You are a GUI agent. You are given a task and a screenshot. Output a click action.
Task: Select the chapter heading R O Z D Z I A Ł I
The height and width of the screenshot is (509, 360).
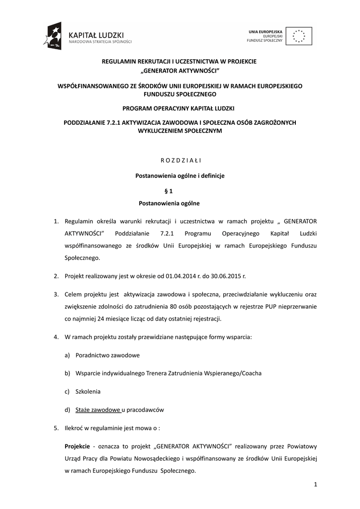tap(180, 160)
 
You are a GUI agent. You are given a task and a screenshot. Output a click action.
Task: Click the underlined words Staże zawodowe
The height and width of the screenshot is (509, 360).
tap(98, 410)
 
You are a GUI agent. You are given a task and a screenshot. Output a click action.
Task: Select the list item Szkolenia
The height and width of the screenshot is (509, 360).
tap(88, 391)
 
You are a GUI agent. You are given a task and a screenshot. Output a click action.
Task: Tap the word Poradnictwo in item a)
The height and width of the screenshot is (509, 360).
tap(92, 355)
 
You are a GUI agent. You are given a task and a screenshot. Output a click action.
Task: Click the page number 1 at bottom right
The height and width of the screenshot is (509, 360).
tap(315, 484)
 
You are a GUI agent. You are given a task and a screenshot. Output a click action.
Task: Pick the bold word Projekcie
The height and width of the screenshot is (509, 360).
tap(78, 446)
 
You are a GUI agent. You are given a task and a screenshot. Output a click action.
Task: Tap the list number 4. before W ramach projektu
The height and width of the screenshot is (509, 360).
tap(56, 337)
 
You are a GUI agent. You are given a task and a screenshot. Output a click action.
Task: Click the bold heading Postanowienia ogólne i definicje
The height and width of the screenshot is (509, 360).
tap(180, 175)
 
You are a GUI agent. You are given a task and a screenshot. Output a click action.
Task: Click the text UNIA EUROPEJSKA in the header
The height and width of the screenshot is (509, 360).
tap(266, 32)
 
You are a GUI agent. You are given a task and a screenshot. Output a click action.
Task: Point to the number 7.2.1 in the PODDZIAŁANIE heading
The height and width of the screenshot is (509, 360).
tap(115, 122)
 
